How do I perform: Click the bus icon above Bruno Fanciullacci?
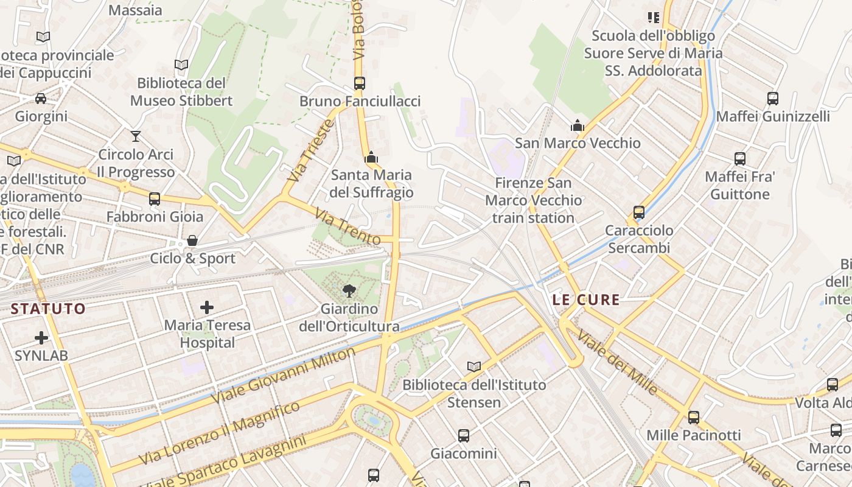[x=360, y=83]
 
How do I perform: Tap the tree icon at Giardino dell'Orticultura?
[x=349, y=290]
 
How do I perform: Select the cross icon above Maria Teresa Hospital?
[x=207, y=307]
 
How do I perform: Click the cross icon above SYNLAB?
[x=41, y=337]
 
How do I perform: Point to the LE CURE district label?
[x=586, y=300]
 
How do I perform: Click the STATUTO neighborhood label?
[x=48, y=309]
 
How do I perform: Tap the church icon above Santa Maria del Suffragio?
[x=371, y=158]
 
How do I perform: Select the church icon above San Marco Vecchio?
[x=577, y=125]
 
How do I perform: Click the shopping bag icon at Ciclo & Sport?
[x=192, y=240]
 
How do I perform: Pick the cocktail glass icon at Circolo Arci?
[x=136, y=136]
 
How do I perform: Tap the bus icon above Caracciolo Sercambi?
[x=639, y=212]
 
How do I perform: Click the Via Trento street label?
[x=347, y=226]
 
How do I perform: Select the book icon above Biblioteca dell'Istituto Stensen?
[x=474, y=366]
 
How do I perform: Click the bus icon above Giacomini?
[x=464, y=435]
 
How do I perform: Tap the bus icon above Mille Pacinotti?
[x=693, y=417]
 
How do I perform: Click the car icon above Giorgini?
[x=41, y=98]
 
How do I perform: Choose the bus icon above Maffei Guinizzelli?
[x=773, y=98]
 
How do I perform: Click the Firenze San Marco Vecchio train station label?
[x=533, y=200]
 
